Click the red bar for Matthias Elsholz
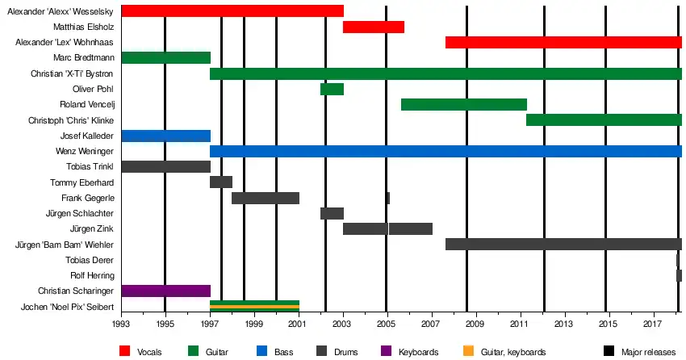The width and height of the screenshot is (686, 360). tap(373, 27)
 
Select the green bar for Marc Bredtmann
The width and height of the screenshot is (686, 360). tap(165, 58)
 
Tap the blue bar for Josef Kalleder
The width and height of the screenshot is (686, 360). tap(165, 136)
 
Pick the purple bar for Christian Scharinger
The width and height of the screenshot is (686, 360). tap(165, 291)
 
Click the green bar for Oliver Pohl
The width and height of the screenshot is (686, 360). tap(332, 89)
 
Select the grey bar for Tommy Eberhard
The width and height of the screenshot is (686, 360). tap(221, 182)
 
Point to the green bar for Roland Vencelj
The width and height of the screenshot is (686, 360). tap(463, 105)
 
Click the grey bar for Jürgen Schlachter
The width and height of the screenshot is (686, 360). tap(332, 214)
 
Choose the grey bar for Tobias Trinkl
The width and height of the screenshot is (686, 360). tap(165, 167)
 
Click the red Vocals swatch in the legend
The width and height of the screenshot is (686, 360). tap(125, 351)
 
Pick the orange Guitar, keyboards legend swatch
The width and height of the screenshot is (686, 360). tap(466, 351)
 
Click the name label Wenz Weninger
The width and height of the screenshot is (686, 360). tap(84, 152)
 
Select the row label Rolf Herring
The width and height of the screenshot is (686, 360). tap(92, 275)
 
